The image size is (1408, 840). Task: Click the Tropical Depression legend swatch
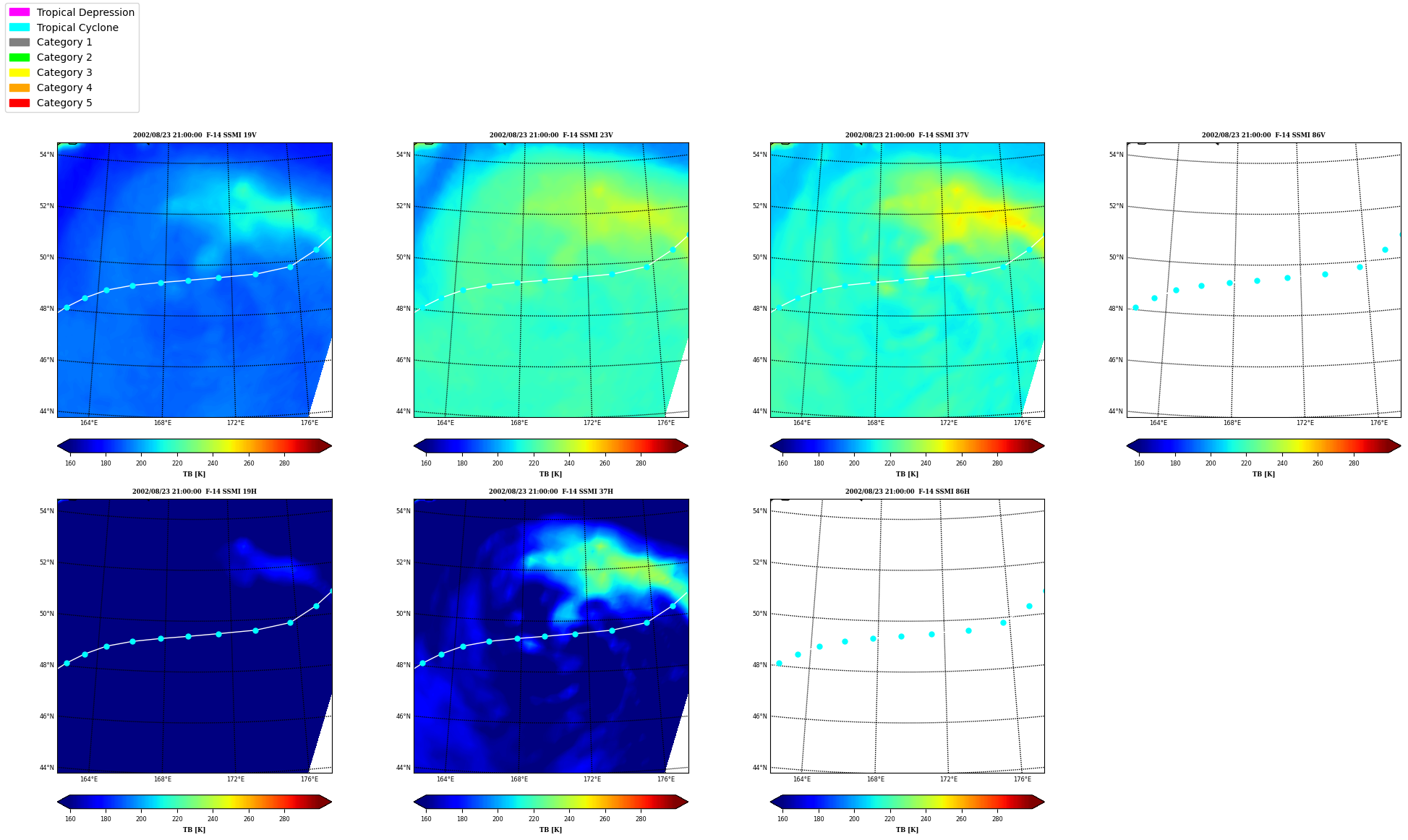(20, 12)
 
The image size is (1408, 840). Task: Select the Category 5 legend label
(64, 103)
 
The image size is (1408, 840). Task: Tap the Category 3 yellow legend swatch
(20, 72)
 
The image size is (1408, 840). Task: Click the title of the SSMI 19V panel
(195, 135)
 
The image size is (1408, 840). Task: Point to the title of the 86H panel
(908, 492)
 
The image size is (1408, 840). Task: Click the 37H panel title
(551, 492)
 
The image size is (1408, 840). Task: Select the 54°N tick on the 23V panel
(403, 155)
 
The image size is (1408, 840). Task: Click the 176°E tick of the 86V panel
(1378, 423)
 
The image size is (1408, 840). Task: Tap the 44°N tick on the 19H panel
(46, 768)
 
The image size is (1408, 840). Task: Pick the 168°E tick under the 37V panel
(875, 423)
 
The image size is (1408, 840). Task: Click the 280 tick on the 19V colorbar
(284, 463)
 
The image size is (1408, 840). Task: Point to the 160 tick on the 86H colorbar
(782, 819)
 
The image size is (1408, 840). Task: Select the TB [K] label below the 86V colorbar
(1263, 474)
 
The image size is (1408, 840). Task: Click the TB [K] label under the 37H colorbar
(550, 830)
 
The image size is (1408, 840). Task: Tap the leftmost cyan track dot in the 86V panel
(1135, 307)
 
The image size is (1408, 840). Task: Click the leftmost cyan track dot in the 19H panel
(67, 663)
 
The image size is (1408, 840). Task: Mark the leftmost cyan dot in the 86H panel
(779, 663)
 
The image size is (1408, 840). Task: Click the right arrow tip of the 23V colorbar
(688, 446)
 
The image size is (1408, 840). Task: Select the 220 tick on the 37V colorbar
(889, 463)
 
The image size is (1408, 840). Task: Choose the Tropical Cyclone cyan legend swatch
(20, 27)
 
